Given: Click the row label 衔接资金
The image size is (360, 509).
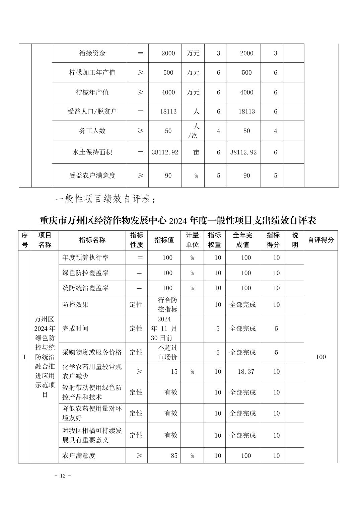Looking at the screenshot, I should point(92,53).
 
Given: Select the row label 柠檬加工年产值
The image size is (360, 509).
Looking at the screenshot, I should point(92,72).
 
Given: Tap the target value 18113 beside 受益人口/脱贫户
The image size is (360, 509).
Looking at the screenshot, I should point(168,112).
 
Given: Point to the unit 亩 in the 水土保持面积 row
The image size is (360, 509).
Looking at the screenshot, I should point(196,152).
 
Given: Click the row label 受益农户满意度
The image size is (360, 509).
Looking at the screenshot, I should point(92,175).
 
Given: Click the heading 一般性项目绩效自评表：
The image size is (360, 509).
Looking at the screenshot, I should point(105,199).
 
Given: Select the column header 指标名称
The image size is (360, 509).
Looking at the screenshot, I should point(92,240).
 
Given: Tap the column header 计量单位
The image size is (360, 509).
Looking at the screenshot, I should point(192,240).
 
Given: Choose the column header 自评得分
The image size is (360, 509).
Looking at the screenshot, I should point(321,240).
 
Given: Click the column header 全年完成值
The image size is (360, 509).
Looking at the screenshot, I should point(242,240).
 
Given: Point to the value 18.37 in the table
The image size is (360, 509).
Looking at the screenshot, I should point(246,371).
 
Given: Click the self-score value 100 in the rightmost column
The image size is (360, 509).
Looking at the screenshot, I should point(321,357).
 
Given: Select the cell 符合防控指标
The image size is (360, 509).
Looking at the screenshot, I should point(167,304).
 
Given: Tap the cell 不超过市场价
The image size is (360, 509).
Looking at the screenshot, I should point(167,352).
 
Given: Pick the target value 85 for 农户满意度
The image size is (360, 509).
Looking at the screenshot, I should point(174,455).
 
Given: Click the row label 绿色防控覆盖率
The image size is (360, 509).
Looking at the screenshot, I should point(85,273).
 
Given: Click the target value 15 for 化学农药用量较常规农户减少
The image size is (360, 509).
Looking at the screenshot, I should point(174,371).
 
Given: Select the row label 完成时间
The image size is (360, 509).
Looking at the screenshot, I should point(75,329).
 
